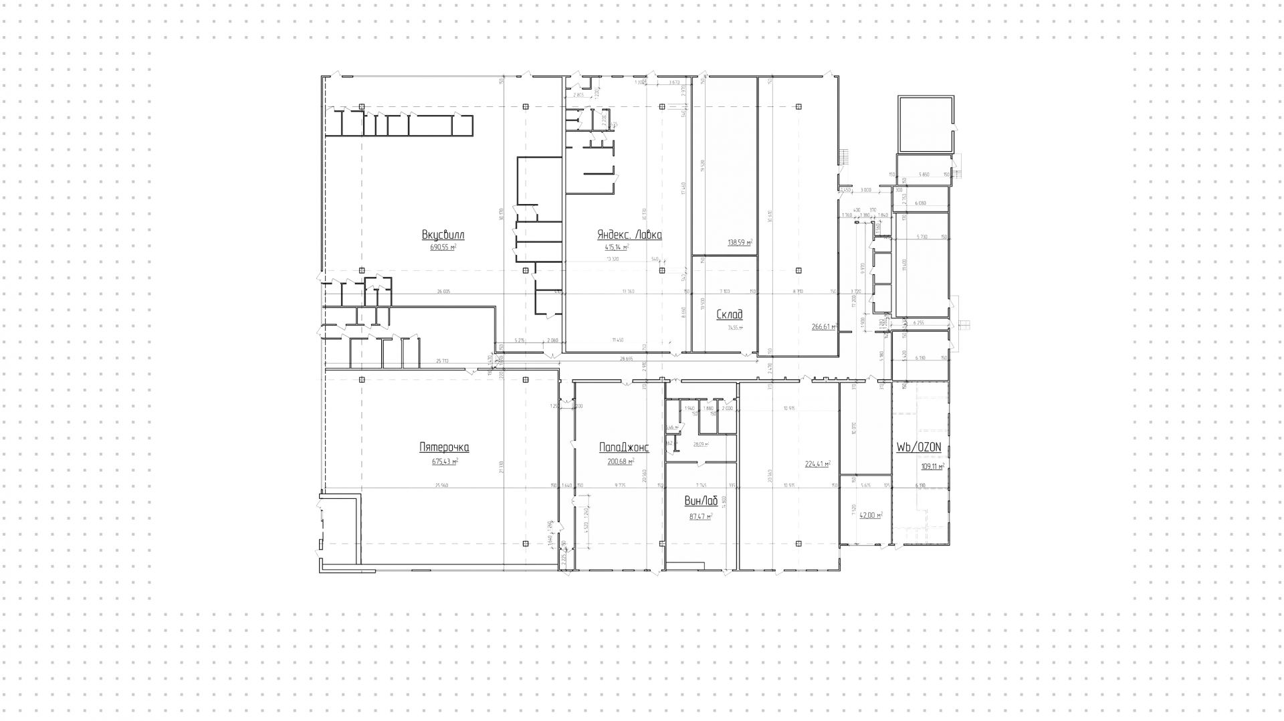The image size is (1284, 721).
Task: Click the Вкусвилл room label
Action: pyautogui.click(x=443, y=235)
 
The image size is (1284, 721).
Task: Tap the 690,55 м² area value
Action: pyautogui.click(x=443, y=247)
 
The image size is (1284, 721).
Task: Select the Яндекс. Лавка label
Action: pyautogui.click(x=629, y=235)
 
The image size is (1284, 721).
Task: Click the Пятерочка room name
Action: pyautogui.click(x=444, y=448)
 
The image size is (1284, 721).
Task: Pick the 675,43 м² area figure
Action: pyautogui.click(x=445, y=461)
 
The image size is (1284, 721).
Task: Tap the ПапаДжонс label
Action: pyautogui.click(x=623, y=448)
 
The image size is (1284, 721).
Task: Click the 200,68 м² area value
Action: pyautogui.click(x=621, y=461)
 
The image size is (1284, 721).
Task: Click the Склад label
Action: pyautogui.click(x=729, y=314)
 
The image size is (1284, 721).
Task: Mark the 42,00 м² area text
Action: pyautogui.click(x=871, y=516)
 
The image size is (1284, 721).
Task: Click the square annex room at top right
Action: pyautogui.click(x=924, y=124)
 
